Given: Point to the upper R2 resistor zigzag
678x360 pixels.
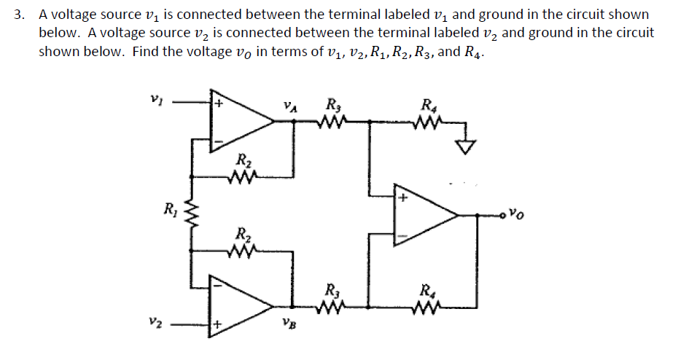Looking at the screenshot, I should click(x=241, y=176).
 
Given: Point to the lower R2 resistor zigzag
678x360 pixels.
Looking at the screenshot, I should click(x=241, y=251).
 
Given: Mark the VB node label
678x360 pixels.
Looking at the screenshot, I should click(x=289, y=325).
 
